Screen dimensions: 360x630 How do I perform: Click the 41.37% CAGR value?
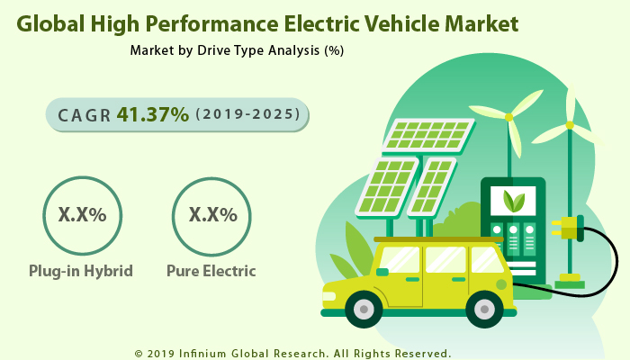point(152,114)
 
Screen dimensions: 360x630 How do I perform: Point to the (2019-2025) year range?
point(248,115)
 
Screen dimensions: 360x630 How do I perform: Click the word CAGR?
point(85,115)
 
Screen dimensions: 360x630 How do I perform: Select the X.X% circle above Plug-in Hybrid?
point(82,215)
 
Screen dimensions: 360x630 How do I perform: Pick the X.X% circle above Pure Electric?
point(212,215)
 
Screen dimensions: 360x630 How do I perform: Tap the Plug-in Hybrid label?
point(82,270)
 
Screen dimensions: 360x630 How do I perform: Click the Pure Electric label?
point(211,270)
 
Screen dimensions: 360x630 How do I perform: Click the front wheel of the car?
point(364,309)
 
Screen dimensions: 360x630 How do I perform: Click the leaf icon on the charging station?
point(513,199)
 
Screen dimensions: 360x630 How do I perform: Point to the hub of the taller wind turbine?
point(569,125)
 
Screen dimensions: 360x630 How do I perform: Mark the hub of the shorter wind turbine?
point(508,117)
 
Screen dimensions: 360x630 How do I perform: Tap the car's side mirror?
point(382,272)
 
